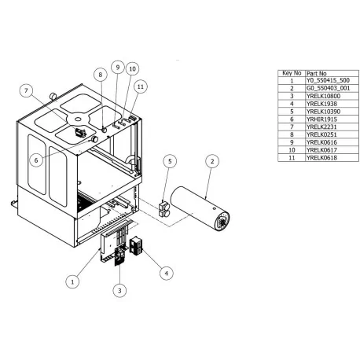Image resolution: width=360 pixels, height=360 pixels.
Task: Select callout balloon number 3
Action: point(119,291)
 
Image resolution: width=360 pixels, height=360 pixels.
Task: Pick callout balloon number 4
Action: point(167,274)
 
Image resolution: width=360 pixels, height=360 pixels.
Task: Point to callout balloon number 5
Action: point(169,161)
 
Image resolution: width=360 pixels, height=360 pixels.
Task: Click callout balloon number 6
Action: point(36,159)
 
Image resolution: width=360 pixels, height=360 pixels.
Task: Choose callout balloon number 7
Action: point(27,91)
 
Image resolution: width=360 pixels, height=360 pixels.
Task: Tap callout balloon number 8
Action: point(101,74)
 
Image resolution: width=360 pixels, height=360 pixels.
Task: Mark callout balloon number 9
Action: point(117,68)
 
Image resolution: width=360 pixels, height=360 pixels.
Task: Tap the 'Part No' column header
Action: point(317,73)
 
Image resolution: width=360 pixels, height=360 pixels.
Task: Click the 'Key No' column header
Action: point(292,73)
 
